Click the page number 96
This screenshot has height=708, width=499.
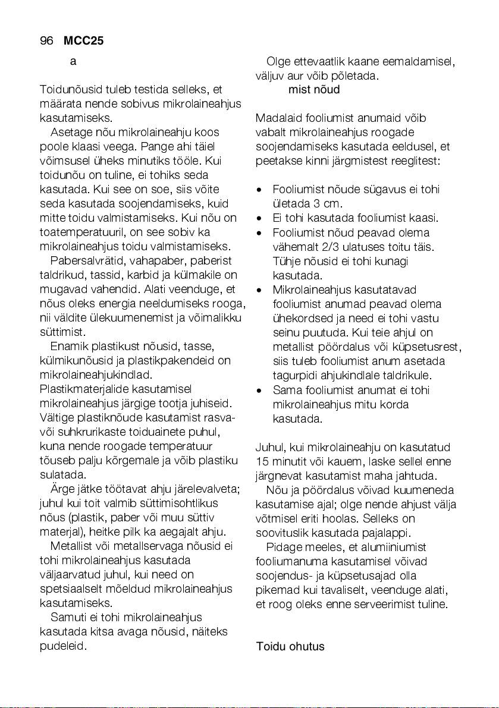tap(46, 42)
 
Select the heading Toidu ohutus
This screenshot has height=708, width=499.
tap(290, 646)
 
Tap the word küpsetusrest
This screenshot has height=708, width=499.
tap(433, 347)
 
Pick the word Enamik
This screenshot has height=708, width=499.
tap(67, 347)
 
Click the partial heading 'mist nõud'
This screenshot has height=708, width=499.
tap(314, 90)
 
